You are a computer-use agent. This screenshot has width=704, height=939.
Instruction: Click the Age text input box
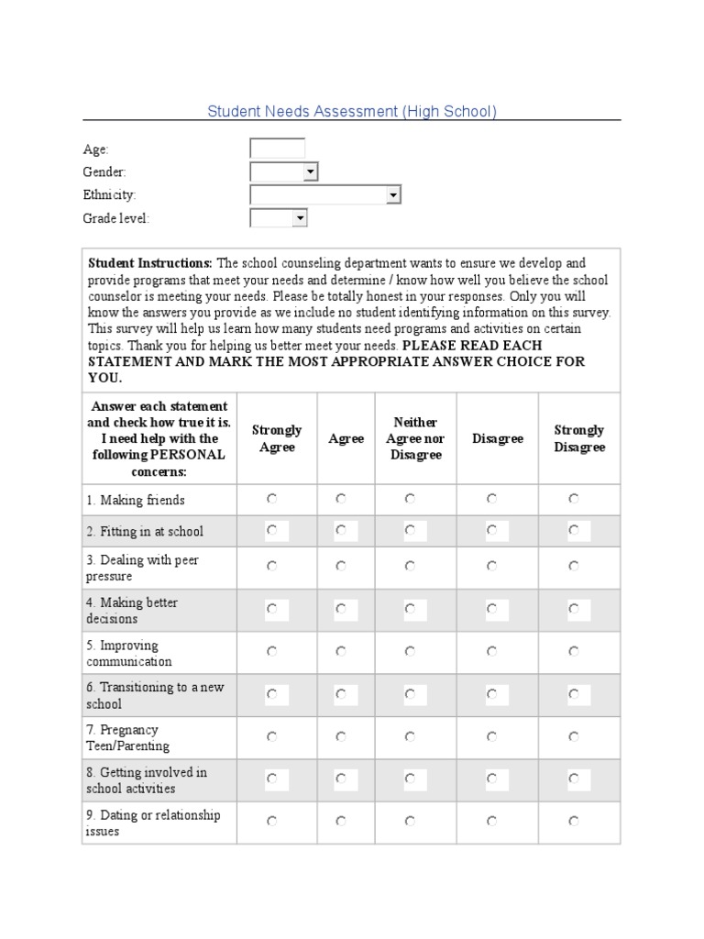pyautogui.click(x=277, y=149)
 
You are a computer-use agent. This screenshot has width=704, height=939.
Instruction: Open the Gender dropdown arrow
pyautogui.click(x=310, y=171)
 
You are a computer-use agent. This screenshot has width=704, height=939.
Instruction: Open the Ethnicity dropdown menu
pyautogui.click(x=325, y=194)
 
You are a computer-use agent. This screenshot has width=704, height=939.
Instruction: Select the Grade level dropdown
pyautogui.click(x=279, y=218)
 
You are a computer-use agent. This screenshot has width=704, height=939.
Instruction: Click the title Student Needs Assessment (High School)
pyautogui.click(x=352, y=112)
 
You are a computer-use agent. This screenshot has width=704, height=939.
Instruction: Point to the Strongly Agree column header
pyautogui.click(x=277, y=438)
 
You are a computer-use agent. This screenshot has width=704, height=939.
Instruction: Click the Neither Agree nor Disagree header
pyautogui.click(x=415, y=438)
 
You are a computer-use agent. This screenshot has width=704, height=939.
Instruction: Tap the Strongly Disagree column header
pyautogui.click(x=579, y=438)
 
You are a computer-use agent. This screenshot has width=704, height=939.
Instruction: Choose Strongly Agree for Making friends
pyautogui.click(x=272, y=499)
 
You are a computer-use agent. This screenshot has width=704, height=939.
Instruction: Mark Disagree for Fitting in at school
pyautogui.click(x=492, y=530)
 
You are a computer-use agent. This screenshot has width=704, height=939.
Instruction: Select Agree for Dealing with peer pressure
pyautogui.click(x=341, y=567)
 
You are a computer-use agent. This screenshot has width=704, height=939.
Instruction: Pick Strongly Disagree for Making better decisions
pyautogui.click(x=574, y=608)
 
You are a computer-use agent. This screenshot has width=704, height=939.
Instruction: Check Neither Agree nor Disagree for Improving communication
pyautogui.click(x=410, y=651)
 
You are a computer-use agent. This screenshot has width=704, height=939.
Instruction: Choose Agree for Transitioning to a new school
pyautogui.click(x=341, y=694)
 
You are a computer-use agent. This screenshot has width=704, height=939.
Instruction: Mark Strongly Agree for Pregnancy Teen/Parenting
pyautogui.click(x=272, y=736)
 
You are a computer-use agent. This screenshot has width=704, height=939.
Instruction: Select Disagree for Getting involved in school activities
pyautogui.click(x=492, y=779)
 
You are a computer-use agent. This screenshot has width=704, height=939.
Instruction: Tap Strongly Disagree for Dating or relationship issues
pyautogui.click(x=574, y=822)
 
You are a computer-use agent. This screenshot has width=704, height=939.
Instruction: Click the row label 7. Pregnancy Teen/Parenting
pyautogui.click(x=128, y=738)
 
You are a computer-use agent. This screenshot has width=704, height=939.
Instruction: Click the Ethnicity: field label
pyautogui.click(x=109, y=195)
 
